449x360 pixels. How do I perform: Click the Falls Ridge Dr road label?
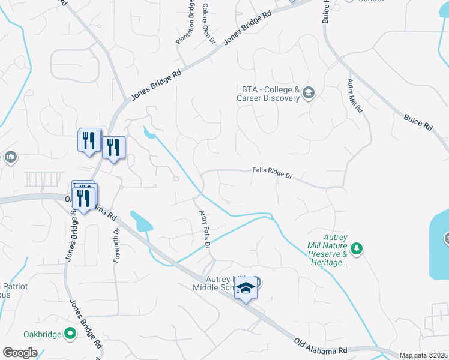(271, 175)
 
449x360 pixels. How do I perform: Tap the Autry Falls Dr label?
(205, 230)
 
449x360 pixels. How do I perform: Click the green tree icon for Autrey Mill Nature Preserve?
(357, 248)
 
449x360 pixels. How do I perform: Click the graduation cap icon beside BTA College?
(309, 92)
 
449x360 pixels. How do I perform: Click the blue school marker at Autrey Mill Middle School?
(246, 290)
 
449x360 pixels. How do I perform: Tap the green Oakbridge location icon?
(71, 334)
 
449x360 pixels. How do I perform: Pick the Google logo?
(20, 353)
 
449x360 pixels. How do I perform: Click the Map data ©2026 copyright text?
(424, 355)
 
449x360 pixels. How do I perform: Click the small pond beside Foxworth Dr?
(142, 221)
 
